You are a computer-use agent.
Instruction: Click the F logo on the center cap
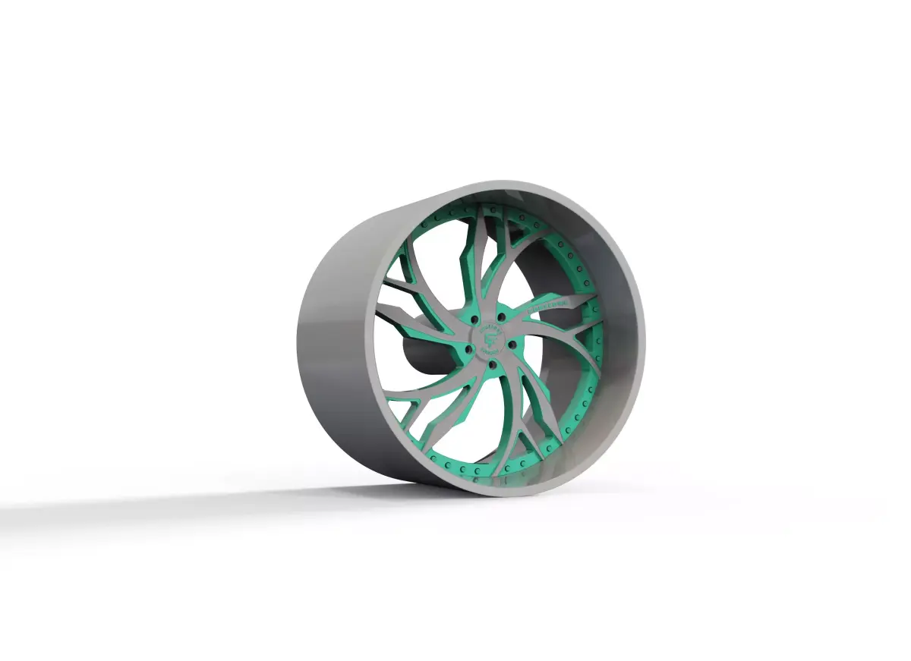(x=491, y=335)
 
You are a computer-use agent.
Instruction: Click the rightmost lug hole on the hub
(x=513, y=346)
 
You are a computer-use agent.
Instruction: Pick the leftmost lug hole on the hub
(x=468, y=350)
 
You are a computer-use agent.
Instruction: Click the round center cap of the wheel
(x=491, y=335)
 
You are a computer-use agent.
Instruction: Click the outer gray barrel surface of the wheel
(x=334, y=342)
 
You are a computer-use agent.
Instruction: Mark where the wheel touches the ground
(x=455, y=489)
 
